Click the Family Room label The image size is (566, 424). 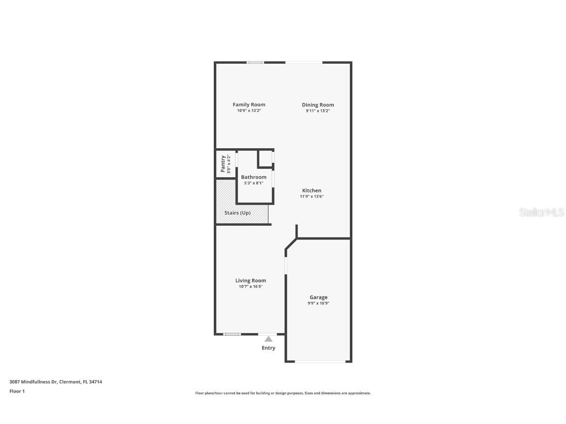tap(249, 105)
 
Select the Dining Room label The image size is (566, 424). tap(318, 105)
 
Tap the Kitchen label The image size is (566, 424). tap(311, 190)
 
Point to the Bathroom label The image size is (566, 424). tap(254, 177)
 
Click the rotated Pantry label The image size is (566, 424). tap(223, 163)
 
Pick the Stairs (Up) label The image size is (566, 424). tap(237, 213)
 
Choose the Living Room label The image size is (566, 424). tap(251, 281)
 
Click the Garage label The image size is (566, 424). tap(318, 297)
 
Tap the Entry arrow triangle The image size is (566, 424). tap(268, 339)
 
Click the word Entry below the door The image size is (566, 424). tap(268, 348)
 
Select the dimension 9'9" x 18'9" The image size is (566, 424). tap(318, 303)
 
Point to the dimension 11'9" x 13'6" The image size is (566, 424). tap(311, 196)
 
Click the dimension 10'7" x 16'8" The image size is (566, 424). tap(251, 287)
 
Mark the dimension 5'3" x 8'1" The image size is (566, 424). tap(254, 183)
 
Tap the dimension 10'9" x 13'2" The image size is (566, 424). tap(249, 110)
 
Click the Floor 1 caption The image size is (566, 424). tap(17, 391)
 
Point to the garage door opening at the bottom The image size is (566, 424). tap(318, 362)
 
